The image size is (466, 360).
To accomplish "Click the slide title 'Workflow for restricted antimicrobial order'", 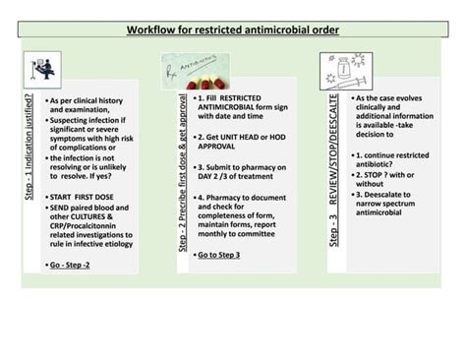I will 233,30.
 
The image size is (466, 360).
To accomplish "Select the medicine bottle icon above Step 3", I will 353,72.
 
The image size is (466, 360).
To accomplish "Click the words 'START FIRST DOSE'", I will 83,197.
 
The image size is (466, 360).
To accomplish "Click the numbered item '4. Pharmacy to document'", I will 241,198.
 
